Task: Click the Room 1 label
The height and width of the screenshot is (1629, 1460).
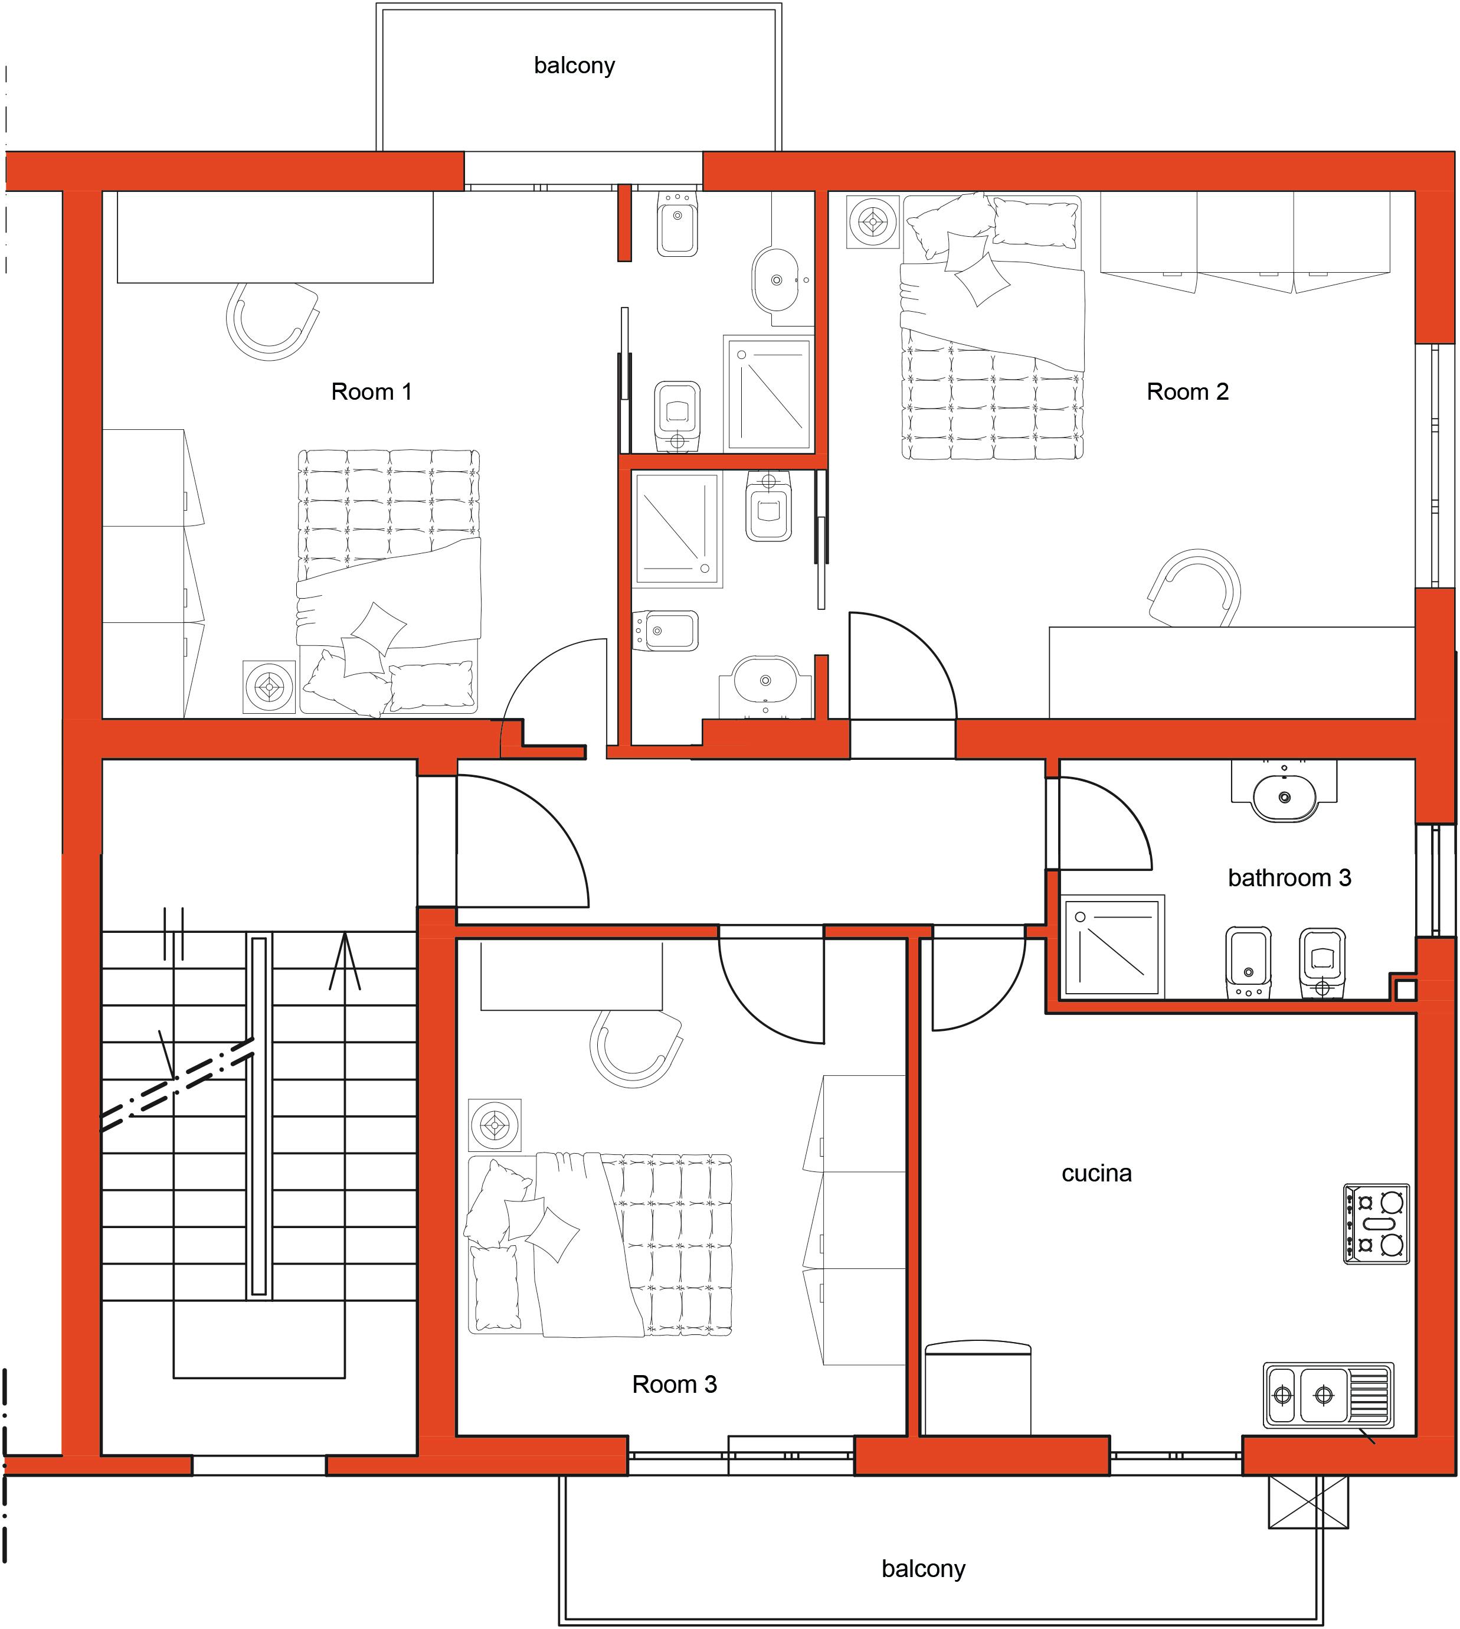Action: coord(371,391)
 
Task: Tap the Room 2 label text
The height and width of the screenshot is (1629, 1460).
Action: coord(1187,391)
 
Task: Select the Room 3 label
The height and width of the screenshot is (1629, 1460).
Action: coord(674,1384)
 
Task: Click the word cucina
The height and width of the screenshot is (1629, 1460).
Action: coord(1096,1173)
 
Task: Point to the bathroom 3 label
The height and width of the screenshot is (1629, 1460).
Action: coord(1289,878)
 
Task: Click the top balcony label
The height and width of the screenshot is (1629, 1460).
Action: coord(574,65)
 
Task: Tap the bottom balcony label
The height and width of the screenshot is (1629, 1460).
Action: coord(924,1569)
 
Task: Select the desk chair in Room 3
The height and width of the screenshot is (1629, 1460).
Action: coord(636,1047)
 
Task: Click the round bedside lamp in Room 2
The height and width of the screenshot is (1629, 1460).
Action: coord(873,221)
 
